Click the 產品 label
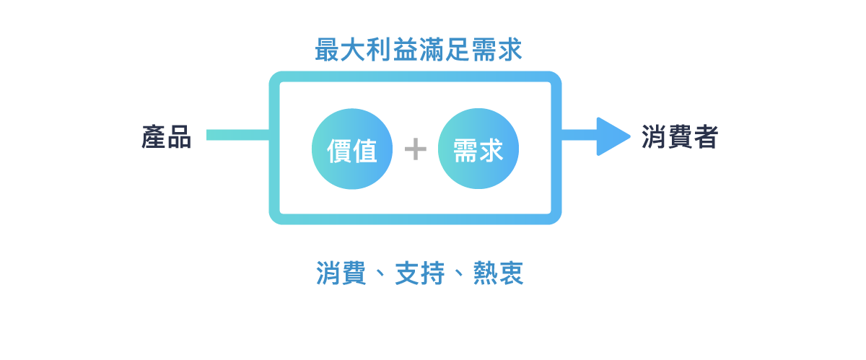167,137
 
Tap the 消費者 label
679,137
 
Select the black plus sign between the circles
416,149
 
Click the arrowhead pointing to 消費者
613,136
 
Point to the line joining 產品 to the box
237,135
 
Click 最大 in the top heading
341,51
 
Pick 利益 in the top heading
393,51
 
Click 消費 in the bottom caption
341,273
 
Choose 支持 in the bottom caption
419,273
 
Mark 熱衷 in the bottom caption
498,273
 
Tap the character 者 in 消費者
705,137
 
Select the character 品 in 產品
179,137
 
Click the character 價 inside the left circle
339,150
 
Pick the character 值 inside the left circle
365,150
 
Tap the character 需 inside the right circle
465,150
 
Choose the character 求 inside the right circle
491,150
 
